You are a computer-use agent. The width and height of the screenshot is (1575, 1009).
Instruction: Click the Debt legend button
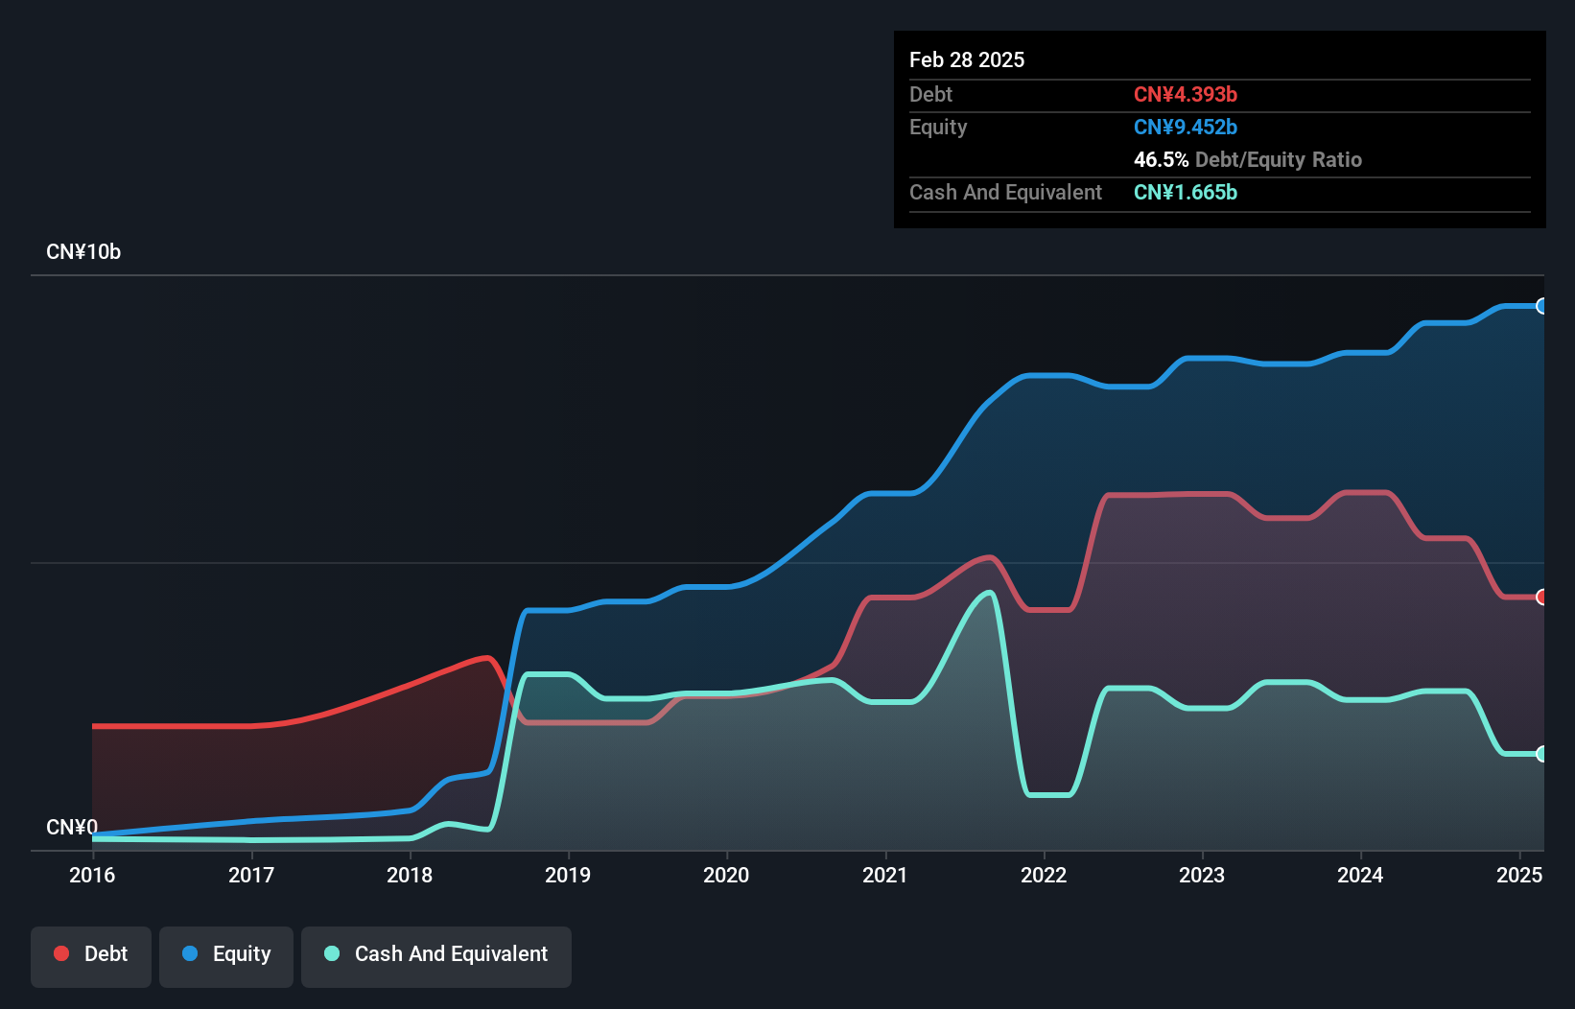coord(91,954)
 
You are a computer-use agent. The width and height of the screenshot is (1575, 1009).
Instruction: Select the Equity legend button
coord(226,954)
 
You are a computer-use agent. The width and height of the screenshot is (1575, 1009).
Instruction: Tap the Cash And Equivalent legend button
coord(436,954)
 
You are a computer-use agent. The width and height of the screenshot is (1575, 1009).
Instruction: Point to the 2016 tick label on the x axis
coord(92,875)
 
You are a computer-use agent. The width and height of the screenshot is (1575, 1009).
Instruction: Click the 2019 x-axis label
coord(568,875)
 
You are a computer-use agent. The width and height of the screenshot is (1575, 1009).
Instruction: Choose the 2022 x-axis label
coord(1044,875)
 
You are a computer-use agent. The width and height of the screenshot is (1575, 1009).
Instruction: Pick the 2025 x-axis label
coord(1519,875)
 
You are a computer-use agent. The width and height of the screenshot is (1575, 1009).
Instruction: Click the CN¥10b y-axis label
coord(83,252)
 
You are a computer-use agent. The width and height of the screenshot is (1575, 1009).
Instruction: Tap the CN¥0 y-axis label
coord(72,827)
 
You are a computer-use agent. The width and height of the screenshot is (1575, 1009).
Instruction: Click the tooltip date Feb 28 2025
coord(967,59)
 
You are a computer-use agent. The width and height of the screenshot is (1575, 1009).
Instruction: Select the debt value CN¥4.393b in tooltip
coord(1186,94)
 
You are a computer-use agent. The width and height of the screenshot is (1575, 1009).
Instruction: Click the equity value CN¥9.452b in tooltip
coord(1186,127)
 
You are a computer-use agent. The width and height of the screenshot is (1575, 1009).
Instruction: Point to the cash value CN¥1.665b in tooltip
coord(1186,192)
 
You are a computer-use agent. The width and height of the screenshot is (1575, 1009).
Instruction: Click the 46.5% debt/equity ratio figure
coord(1161,159)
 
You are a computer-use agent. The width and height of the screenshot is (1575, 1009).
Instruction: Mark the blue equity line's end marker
coord(1541,306)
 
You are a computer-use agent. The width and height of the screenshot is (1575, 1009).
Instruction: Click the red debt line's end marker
coord(1541,597)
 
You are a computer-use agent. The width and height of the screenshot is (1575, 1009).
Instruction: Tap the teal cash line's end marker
coord(1541,754)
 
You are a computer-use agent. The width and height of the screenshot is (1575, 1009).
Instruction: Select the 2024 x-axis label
coord(1360,875)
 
